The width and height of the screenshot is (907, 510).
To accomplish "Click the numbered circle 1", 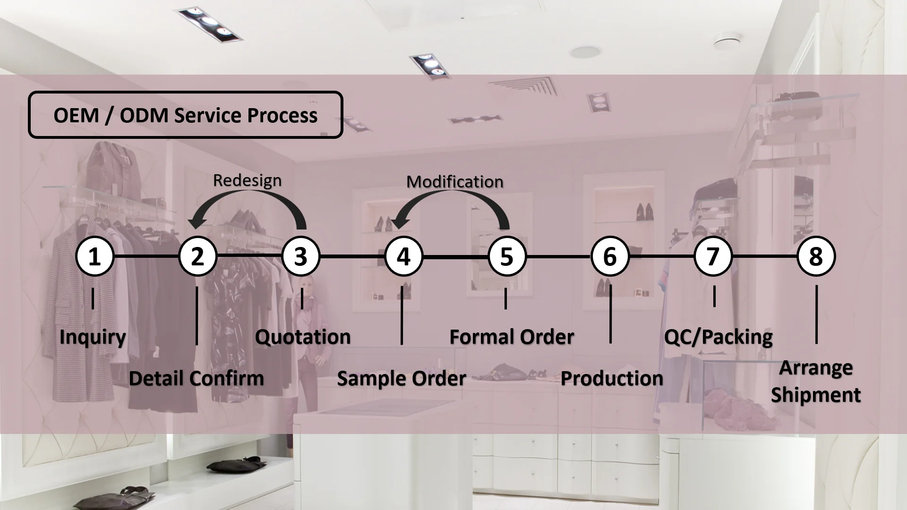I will click(94, 256).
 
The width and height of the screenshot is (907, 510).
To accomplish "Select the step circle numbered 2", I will click(197, 256).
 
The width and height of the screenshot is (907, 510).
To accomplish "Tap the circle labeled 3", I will click(301, 256).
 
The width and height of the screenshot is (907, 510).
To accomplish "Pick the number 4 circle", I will click(403, 256).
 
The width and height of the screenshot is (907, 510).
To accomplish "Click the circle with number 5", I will click(506, 256).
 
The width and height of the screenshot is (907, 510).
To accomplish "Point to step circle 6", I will click(610, 256).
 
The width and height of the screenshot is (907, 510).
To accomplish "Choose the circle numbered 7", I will click(713, 256).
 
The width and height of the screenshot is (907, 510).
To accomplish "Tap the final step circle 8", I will click(816, 256).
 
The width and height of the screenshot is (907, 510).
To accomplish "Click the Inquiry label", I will click(93, 337).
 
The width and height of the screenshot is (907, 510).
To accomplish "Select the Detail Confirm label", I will click(196, 379).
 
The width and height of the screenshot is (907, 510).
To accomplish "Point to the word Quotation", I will click(303, 337).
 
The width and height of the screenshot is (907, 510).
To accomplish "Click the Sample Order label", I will click(402, 379).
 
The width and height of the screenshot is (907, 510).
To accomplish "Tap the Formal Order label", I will click(512, 337).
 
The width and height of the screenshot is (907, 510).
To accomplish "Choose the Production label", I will click(612, 379).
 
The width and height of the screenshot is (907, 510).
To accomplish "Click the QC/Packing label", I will click(718, 337).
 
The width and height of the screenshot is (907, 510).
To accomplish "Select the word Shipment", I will click(816, 395).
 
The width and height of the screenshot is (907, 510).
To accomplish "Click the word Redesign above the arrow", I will click(247, 180).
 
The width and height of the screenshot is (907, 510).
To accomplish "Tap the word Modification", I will click(455, 182).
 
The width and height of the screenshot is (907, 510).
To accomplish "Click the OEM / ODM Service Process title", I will click(185, 115).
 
